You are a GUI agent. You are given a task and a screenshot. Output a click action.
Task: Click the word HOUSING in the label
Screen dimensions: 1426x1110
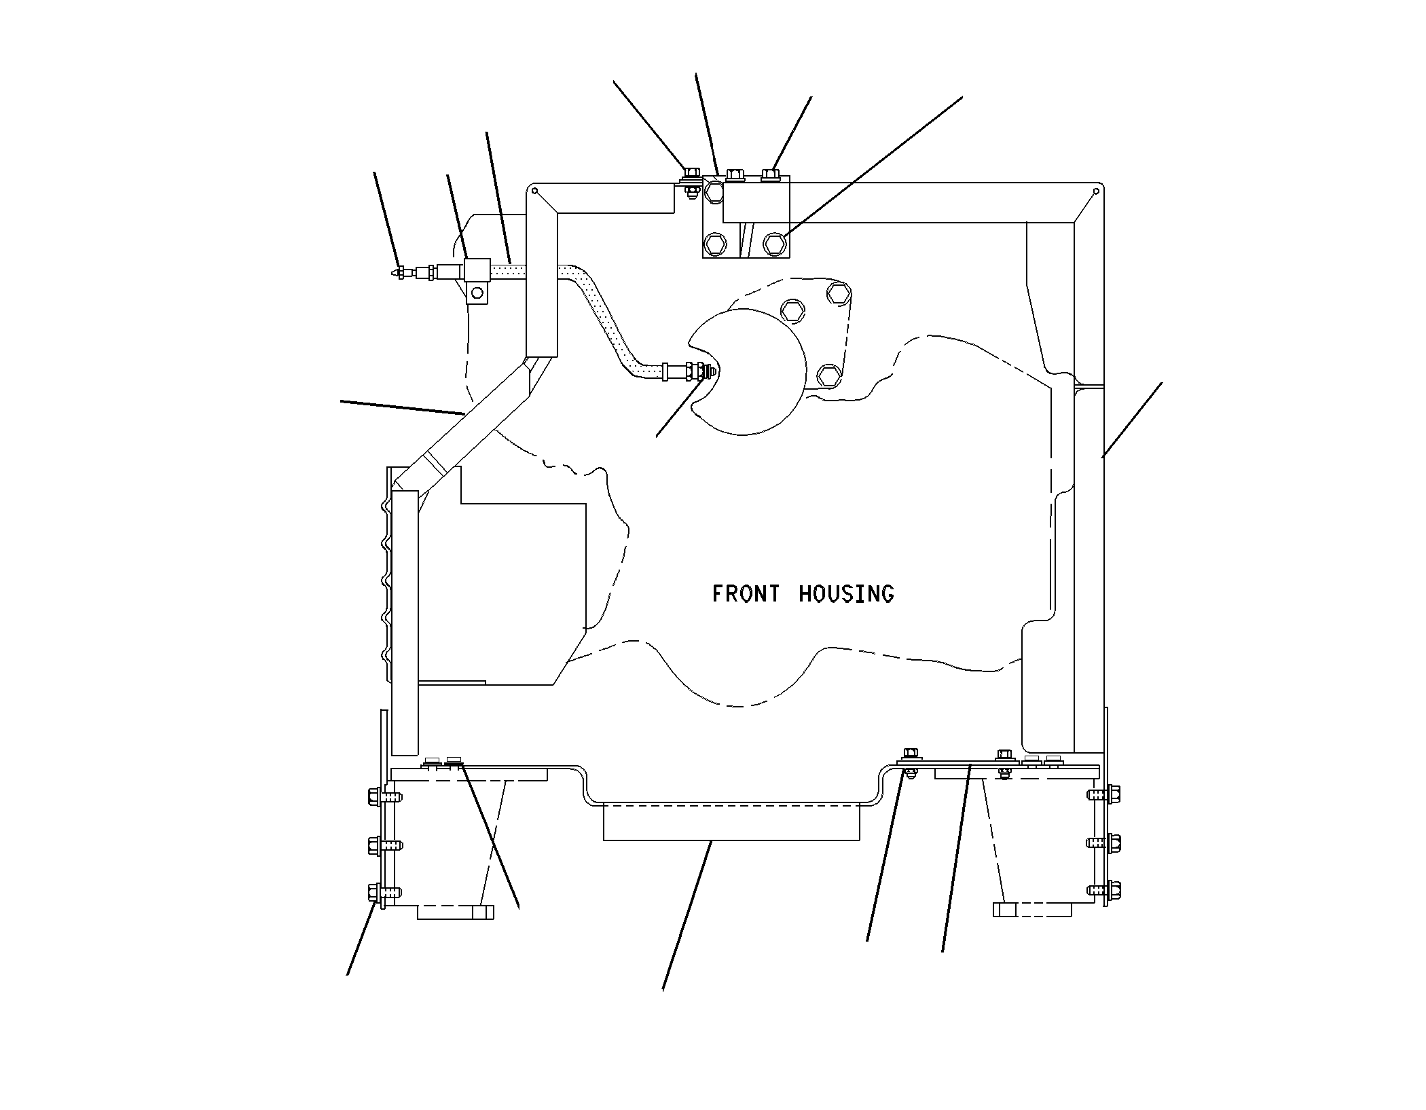click(846, 594)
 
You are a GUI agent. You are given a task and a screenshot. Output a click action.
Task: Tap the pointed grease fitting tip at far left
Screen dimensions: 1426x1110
click(397, 272)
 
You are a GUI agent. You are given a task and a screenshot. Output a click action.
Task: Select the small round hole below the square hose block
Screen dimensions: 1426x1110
click(477, 293)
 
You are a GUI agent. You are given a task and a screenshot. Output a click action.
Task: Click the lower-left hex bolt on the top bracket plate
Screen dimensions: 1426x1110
click(715, 242)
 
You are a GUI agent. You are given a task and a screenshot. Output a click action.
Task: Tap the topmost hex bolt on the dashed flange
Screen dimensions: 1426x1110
click(839, 293)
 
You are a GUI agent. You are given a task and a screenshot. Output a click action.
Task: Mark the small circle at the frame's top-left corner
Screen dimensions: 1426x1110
click(535, 191)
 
